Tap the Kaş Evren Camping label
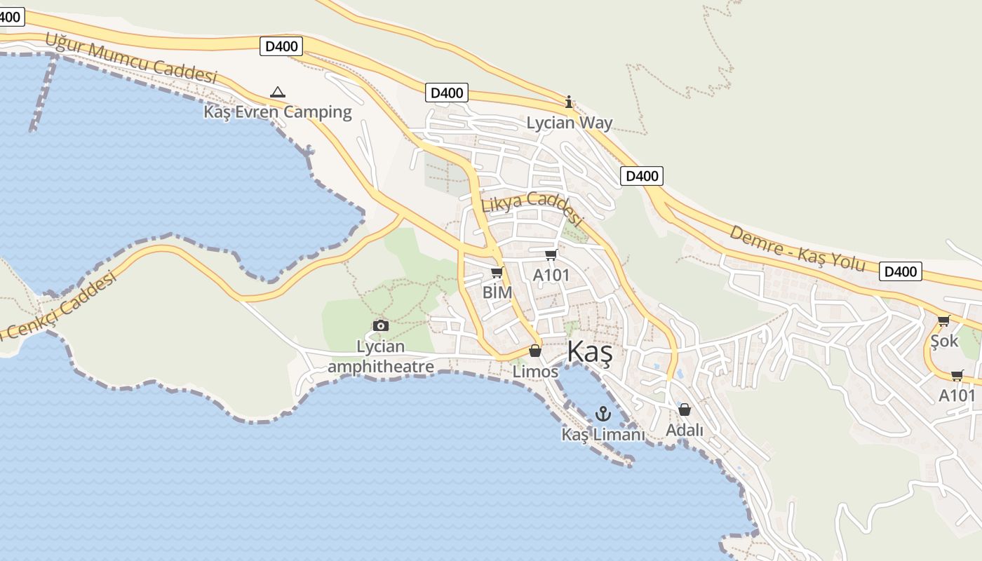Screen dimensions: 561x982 coord(278,111)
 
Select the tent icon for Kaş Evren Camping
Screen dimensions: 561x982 coord(278,92)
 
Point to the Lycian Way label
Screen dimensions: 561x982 coord(570,123)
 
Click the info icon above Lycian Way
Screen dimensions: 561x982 coord(569,102)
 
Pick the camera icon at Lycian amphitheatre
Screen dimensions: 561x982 coord(381,325)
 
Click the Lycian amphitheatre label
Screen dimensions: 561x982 coord(381,356)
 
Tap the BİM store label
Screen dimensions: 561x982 coord(497,292)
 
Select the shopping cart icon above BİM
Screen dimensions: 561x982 coord(497,272)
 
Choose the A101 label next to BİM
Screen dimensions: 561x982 coord(551,275)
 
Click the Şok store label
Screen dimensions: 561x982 coord(944,341)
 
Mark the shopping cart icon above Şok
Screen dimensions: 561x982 coord(944,321)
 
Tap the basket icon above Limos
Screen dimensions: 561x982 coord(535,351)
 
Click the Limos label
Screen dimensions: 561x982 coord(535,371)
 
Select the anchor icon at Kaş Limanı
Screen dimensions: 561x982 coord(603,414)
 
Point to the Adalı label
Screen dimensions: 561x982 coord(685,430)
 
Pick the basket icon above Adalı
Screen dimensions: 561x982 coord(685,410)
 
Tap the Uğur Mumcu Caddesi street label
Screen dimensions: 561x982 coord(131,58)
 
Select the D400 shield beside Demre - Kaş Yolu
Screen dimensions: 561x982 coord(901,271)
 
